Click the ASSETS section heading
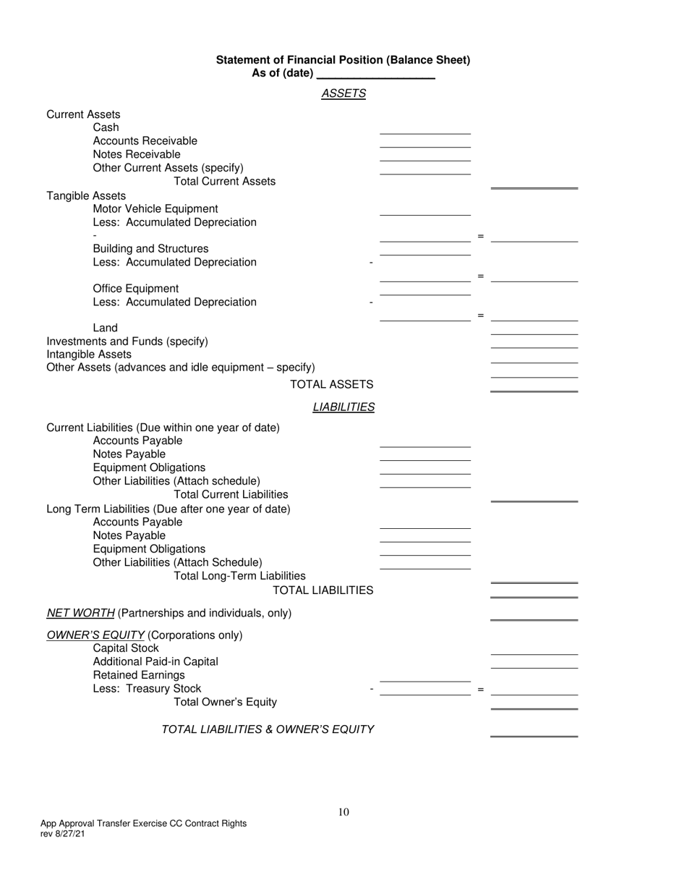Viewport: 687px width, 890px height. (x=343, y=93)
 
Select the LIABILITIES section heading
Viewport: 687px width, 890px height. (x=343, y=407)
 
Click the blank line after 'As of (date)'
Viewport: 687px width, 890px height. (x=376, y=74)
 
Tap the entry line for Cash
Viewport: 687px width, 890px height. (x=425, y=130)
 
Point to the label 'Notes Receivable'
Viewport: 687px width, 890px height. (x=137, y=154)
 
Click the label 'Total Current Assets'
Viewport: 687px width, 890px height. (x=225, y=181)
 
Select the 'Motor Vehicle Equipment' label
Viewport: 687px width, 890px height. (x=155, y=208)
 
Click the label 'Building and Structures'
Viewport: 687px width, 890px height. (x=150, y=249)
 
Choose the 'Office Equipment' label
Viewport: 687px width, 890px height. (x=136, y=289)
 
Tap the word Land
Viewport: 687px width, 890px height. (x=106, y=328)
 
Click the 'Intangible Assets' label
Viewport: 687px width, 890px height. (x=89, y=355)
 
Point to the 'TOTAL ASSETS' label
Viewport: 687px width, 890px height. (x=331, y=384)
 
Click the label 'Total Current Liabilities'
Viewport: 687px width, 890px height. (x=231, y=494)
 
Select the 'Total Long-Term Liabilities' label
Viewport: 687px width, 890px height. (x=239, y=576)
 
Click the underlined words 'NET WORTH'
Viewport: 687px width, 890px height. (x=80, y=614)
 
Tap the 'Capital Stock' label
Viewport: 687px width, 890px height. (x=126, y=648)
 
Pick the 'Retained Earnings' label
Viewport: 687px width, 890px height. (x=139, y=675)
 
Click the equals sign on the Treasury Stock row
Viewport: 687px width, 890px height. (x=480, y=690)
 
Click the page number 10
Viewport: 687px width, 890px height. (x=343, y=812)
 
